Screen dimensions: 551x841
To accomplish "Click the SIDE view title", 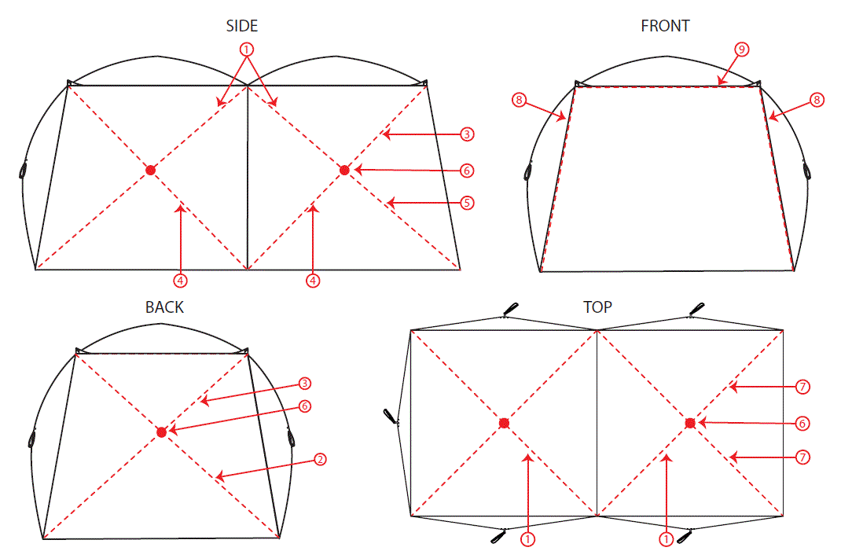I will (x=242, y=26).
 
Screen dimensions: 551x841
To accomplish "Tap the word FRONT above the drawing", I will (x=665, y=26).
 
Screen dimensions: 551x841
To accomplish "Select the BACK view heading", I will (x=164, y=307).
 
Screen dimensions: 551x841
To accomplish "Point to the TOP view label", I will (x=597, y=307).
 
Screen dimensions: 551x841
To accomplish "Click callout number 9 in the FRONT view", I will (x=740, y=50).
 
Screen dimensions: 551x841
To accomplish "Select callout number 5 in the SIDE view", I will (x=467, y=203).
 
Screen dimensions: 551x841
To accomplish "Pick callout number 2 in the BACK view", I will (x=319, y=459).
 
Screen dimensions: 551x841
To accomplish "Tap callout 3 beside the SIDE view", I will (x=467, y=134).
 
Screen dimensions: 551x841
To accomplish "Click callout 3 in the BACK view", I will (x=304, y=384).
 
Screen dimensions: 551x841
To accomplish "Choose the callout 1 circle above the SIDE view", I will (x=248, y=50).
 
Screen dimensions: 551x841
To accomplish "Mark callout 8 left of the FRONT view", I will (x=518, y=100).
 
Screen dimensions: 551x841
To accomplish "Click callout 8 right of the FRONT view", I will (x=817, y=100).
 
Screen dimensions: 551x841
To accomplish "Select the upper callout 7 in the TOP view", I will (x=802, y=386).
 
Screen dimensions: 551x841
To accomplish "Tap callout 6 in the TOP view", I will (x=802, y=423).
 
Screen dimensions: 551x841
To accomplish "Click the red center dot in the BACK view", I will (x=161, y=432).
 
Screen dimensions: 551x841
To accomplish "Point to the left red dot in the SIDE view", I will (x=150, y=170).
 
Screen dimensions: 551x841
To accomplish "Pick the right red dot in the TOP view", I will (x=690, y=423).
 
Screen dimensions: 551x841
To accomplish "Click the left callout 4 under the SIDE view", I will (x=181, y=279).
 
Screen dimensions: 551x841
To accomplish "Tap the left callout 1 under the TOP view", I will (x=528, y=539).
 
